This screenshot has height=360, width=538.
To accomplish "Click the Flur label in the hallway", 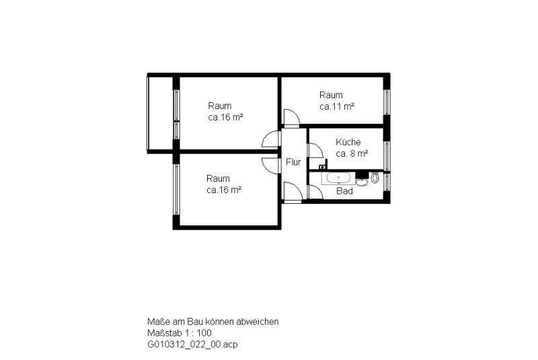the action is (x=293, y=162).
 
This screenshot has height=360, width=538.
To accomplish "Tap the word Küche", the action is (x=348, y=142).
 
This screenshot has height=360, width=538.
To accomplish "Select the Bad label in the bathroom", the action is (x=344, y=191).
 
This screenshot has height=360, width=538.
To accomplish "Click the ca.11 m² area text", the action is (x=337, y=106).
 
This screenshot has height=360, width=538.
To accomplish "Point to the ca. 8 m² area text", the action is (x=352, y=153).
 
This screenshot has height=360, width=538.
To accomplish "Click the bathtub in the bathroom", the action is (x=338, y=178).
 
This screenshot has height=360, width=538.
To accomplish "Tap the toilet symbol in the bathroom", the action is (x=375, y=178).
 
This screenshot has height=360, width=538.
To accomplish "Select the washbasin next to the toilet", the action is (x=361, y=182).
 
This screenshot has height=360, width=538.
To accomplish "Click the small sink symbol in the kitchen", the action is (x=323, y=167).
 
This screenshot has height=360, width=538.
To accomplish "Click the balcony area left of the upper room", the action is (x=160, y=113).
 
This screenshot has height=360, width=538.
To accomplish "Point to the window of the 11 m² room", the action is (x=386, y=102).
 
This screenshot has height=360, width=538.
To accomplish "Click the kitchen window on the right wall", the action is (x=386, y=156).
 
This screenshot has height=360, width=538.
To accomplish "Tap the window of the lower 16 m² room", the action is (x=176, y=189).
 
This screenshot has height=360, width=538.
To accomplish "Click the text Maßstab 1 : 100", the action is (x=180, y=333).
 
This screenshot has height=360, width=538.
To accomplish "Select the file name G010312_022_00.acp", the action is (x=192, y=345).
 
